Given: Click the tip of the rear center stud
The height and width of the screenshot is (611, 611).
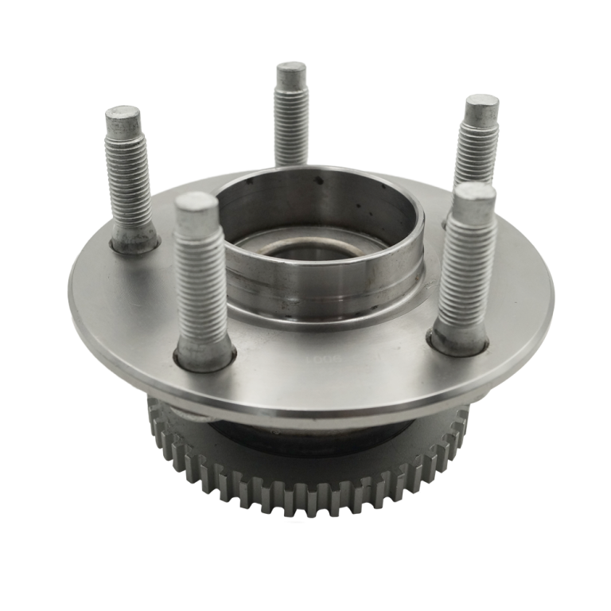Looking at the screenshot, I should pos(290,72).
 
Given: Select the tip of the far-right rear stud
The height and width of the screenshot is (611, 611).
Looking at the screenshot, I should pos(482,108).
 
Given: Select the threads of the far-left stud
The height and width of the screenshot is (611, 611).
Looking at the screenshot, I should pos(128,183).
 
